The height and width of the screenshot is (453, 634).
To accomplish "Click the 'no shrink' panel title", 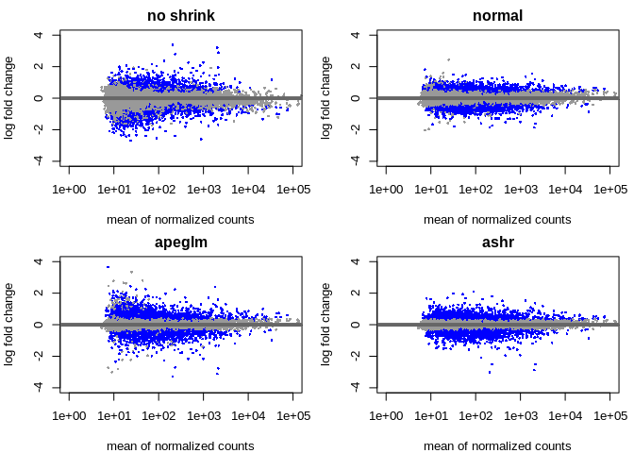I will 180,16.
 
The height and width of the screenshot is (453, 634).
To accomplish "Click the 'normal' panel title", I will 497,16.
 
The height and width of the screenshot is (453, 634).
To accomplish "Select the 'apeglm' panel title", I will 180,243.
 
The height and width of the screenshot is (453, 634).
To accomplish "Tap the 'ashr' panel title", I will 497,243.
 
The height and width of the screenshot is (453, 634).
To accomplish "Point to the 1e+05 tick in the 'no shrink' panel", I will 293,190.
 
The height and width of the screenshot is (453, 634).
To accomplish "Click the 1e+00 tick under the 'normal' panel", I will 386,190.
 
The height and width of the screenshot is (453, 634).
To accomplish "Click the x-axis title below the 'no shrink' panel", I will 180,220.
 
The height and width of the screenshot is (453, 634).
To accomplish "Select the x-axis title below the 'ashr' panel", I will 497,446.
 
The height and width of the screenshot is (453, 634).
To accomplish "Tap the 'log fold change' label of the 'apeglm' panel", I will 9,324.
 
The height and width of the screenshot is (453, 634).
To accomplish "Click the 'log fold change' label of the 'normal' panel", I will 326,97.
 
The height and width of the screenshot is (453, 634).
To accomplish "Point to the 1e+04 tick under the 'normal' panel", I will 565,190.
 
